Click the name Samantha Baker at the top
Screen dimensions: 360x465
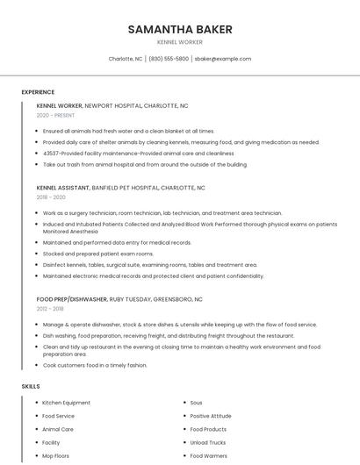[180, 29]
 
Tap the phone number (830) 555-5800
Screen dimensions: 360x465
[169, 59]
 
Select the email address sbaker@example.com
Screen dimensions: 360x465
[223, 59]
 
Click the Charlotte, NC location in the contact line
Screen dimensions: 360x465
[126, 59]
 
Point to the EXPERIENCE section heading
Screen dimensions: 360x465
[38, 92]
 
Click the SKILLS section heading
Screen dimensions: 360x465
[31, 386]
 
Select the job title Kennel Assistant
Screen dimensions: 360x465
[63, 188]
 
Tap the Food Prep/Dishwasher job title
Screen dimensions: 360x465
[73, 299]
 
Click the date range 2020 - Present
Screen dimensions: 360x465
[55, 115]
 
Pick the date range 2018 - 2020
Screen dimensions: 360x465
[51, 197]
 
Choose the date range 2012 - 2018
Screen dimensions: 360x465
[50, 309]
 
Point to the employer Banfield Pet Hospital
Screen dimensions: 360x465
[126, 188]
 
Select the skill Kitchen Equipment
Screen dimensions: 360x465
[66, 403]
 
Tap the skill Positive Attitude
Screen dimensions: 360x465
[211, 416]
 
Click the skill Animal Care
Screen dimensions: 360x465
[58, 429]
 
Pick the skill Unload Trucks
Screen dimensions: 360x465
[208, 442]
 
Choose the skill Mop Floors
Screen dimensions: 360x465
[56, 456]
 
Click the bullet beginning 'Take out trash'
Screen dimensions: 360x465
[145, 164]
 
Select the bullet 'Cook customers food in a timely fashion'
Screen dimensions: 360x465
[95, 365]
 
